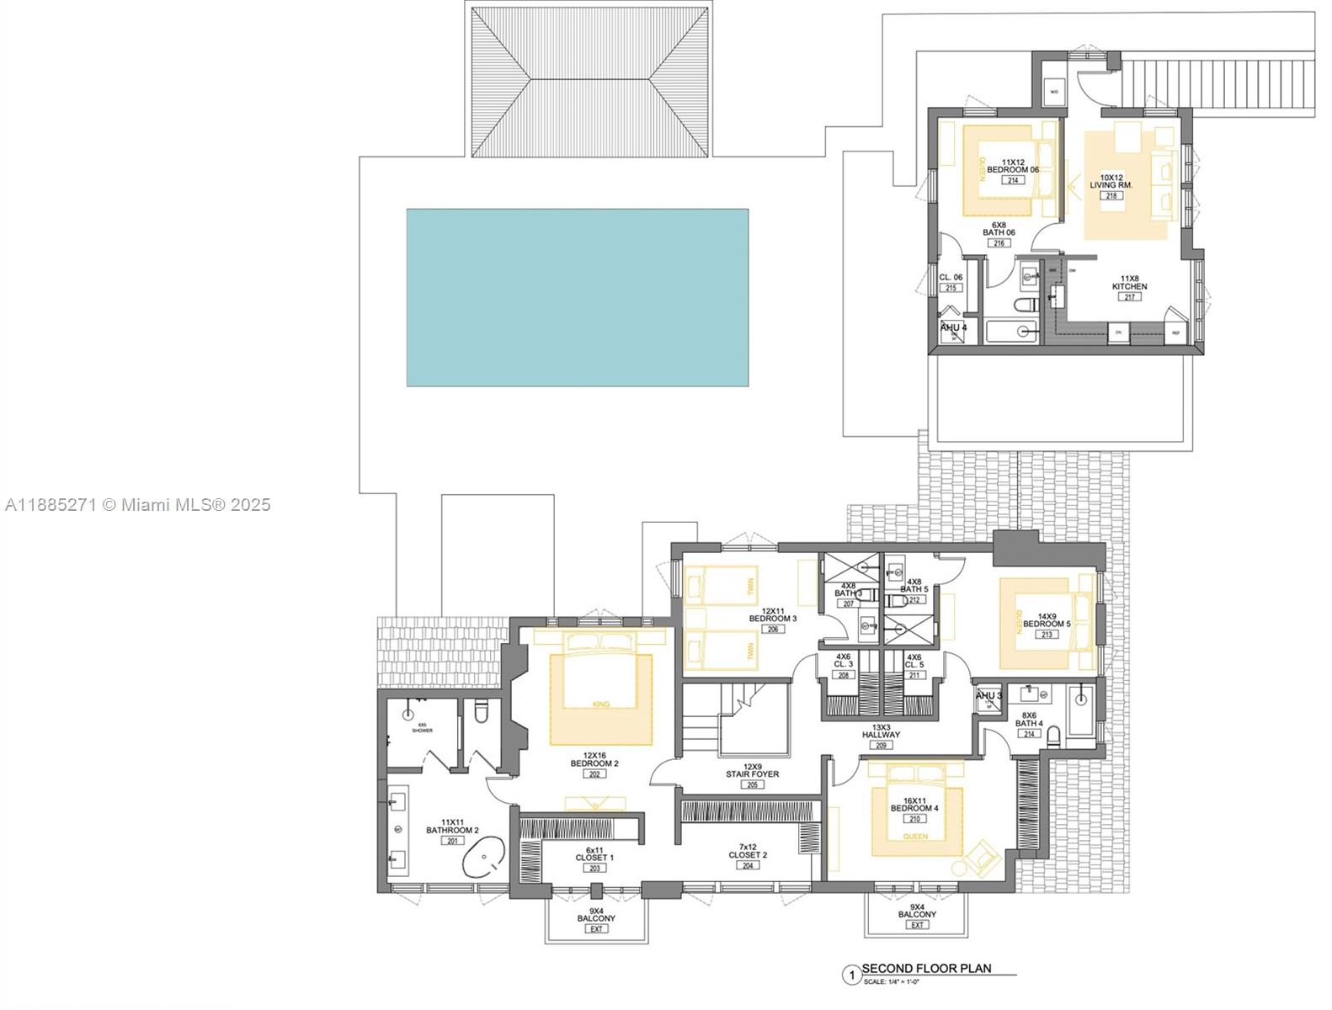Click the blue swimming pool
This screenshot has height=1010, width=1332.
point(578,297)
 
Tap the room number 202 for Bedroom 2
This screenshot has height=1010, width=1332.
point(595,773)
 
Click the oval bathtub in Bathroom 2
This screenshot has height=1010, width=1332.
point(482,858)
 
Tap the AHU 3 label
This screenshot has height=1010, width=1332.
point(988,695)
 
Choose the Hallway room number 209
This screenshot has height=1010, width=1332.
point(881,745)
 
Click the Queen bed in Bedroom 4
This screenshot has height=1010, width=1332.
point(914,808)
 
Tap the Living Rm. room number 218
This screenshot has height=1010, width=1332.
point(1111,195)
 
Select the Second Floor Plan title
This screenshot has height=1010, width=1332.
point(926,968)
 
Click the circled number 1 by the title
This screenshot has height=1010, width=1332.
point(851,975)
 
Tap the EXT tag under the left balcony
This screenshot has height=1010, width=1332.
point(596,928)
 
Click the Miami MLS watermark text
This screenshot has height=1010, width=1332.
point(137,504)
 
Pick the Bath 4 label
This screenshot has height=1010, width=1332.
point(1029,723)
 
